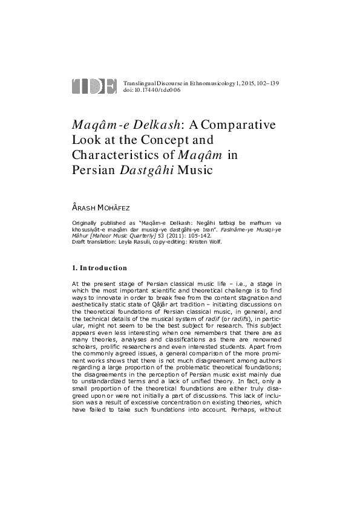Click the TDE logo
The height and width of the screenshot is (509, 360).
(94, 86)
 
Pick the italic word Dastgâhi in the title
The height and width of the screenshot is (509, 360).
(147, 170)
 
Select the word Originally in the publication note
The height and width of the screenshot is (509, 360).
(84, 223)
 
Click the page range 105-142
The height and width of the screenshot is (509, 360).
(199, 236)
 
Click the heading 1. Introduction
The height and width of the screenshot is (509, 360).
(99, 268)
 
